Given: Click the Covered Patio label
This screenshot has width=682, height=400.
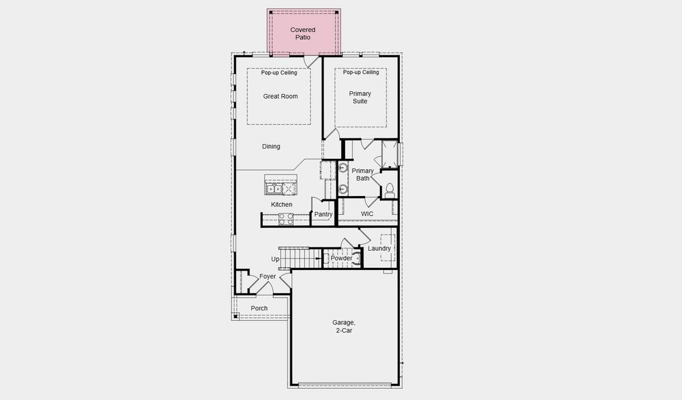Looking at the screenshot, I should [302, 33].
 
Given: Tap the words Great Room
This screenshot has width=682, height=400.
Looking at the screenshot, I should [280, 97].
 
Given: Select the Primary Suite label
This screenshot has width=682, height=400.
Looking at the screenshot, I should [360, 97].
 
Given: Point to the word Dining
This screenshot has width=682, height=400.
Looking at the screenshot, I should [271, 147].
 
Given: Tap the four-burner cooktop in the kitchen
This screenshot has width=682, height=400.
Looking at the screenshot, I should [286, 217].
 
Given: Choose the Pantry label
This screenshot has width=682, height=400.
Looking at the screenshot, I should [323, 215].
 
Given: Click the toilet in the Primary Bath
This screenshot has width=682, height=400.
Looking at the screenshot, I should [389, 191].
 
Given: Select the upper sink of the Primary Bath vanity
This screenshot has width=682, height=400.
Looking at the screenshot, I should [343, 168].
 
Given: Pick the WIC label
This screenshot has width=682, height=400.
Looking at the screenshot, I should [367, 214].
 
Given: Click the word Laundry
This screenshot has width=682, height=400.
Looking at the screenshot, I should [379, 249].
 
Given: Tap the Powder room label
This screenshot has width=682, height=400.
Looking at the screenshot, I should [341, 259].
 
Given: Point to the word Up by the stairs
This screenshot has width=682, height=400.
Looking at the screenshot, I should [275, 259].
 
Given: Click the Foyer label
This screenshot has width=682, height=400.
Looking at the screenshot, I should [268, 277].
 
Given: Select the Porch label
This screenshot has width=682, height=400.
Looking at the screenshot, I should [259, 309].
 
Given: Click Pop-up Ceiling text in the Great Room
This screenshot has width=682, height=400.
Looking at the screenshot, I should [279, 73].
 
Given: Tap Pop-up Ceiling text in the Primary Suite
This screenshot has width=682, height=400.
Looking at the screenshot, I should [361, 73].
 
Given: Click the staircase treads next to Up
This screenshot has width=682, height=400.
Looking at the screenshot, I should [297, 257].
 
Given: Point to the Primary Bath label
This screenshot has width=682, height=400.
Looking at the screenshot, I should [363, 175].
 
